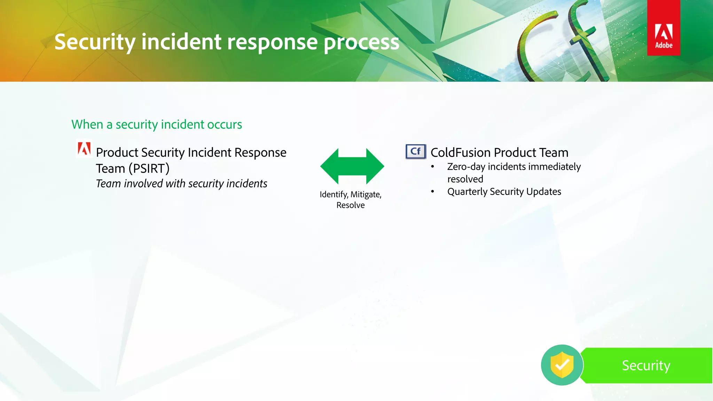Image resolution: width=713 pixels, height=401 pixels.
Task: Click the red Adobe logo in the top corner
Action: (663, 28)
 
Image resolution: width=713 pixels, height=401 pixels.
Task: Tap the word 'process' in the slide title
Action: (361, 42)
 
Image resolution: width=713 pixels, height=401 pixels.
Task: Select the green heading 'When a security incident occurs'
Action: (157, 125)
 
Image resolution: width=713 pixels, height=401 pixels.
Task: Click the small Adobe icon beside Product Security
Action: (84, 149)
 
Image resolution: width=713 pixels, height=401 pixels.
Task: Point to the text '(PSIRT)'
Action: (149, 169)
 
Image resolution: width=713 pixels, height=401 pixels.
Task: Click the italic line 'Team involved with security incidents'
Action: (181, 183)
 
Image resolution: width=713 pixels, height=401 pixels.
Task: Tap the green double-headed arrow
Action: (352, 166)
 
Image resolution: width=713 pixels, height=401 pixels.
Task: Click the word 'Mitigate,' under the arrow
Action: (366, 195)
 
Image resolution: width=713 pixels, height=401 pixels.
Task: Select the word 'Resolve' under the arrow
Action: (350, 205)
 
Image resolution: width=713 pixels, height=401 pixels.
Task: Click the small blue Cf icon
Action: (415, 151)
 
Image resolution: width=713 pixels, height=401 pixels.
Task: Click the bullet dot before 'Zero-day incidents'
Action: (432, 167)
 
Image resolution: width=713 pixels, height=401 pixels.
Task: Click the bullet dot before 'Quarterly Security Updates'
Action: (432, 191)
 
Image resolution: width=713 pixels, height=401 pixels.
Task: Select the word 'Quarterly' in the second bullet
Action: (468, 192)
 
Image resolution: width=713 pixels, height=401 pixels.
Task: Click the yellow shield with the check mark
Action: (562, 365)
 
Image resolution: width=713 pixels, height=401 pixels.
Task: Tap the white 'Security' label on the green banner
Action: (646, 365)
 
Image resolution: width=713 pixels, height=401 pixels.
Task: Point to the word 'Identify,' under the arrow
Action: (334, 195)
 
